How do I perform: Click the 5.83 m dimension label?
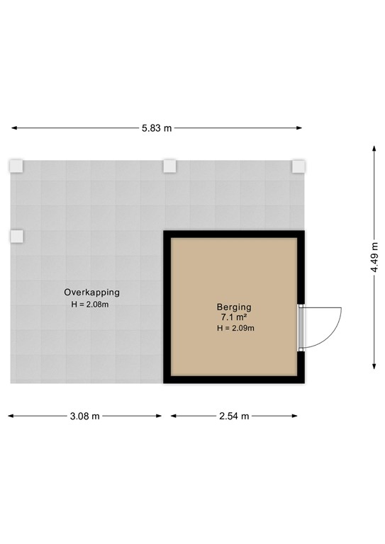tap(157, 128)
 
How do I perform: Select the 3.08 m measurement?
tap(85, 416)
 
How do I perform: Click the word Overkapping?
tap(91, 292)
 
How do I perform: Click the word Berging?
tap(234, 307)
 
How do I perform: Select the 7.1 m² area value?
tap(234, 317)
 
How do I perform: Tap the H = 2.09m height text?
tap(235, 328)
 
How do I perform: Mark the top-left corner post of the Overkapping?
tap(16, 166)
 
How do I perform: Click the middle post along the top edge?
tap(169, 166)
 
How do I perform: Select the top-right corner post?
tap(298, 166)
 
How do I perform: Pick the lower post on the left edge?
tap(16, 236)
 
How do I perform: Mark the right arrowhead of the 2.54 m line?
tap(301, 416)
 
